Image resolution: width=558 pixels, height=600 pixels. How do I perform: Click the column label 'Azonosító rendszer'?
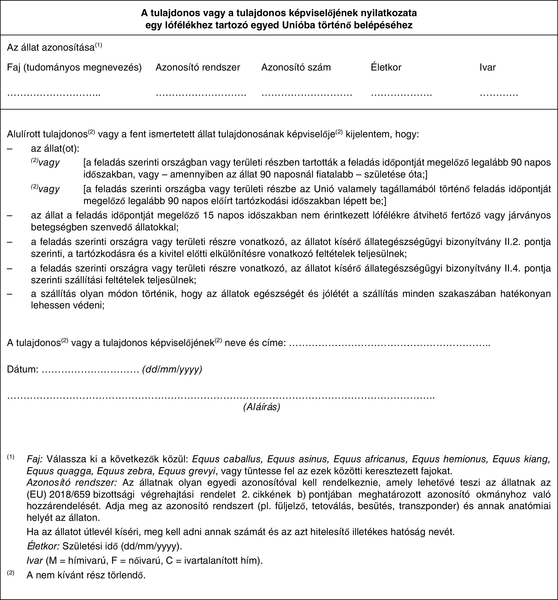coord(198,67)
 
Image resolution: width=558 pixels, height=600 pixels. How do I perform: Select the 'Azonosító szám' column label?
coord(296,67)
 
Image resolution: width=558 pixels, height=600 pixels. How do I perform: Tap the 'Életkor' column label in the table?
coord(386,67)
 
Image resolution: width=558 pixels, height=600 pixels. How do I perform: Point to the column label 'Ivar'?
coord(488,67)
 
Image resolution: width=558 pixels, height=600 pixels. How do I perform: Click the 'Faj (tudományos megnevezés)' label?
coord(74,67)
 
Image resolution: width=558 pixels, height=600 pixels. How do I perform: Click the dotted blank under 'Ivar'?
coord(499,94)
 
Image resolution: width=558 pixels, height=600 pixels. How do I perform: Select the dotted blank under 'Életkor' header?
coord(401,94)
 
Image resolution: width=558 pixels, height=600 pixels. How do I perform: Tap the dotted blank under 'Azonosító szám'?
coord(307,94)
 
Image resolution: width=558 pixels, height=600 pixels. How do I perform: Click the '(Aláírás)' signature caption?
coord(261,407)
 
